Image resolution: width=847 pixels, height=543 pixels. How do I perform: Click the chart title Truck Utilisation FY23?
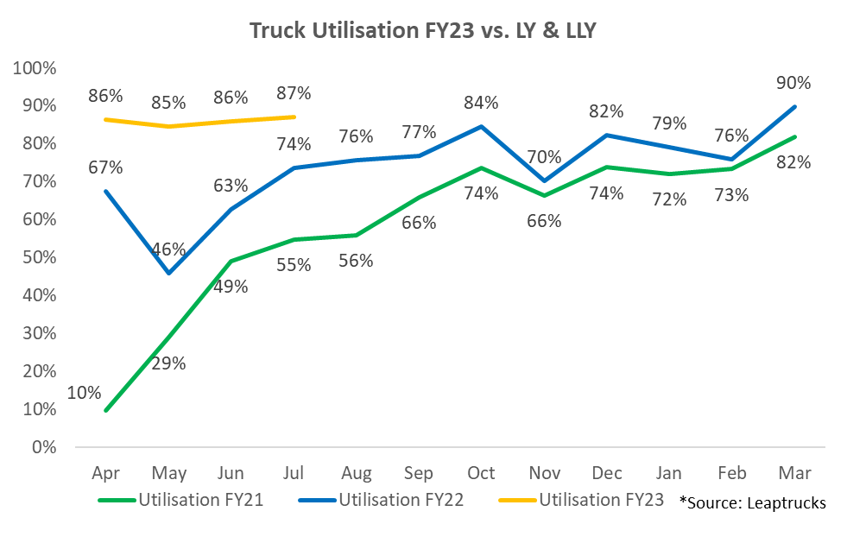click(x=423, y=31)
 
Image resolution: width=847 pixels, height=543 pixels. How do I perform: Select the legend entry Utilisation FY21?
click(x=200, y=500)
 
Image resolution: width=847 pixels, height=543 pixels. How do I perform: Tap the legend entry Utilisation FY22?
click(x=401, y=500)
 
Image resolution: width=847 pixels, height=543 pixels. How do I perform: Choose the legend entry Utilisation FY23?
click(x=601, y=500)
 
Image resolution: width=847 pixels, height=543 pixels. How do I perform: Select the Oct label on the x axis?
click(x=481, y=473)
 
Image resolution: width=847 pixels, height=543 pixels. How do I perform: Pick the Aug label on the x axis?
click(x=357, y=473)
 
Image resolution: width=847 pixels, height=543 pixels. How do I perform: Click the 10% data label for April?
click(x=83, y=393)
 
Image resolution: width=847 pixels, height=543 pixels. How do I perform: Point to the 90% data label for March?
click(x=793, y=83)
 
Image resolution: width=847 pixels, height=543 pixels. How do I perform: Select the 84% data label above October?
click(x=481, y=103)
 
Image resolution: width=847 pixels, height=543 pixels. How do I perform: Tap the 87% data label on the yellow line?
click(x=294, y=93)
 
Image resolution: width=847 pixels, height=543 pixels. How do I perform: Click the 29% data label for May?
click(x=168, y=363)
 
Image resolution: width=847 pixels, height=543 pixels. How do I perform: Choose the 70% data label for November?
click(x=544, y=157)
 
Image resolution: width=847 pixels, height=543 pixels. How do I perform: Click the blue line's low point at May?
click(x=168, y=273)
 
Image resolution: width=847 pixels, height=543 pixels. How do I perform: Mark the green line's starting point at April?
click(x=106, y=410)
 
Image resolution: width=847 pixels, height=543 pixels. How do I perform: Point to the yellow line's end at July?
click(x=294, y=117)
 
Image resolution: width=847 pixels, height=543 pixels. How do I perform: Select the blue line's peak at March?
click(x=793, y=106)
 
